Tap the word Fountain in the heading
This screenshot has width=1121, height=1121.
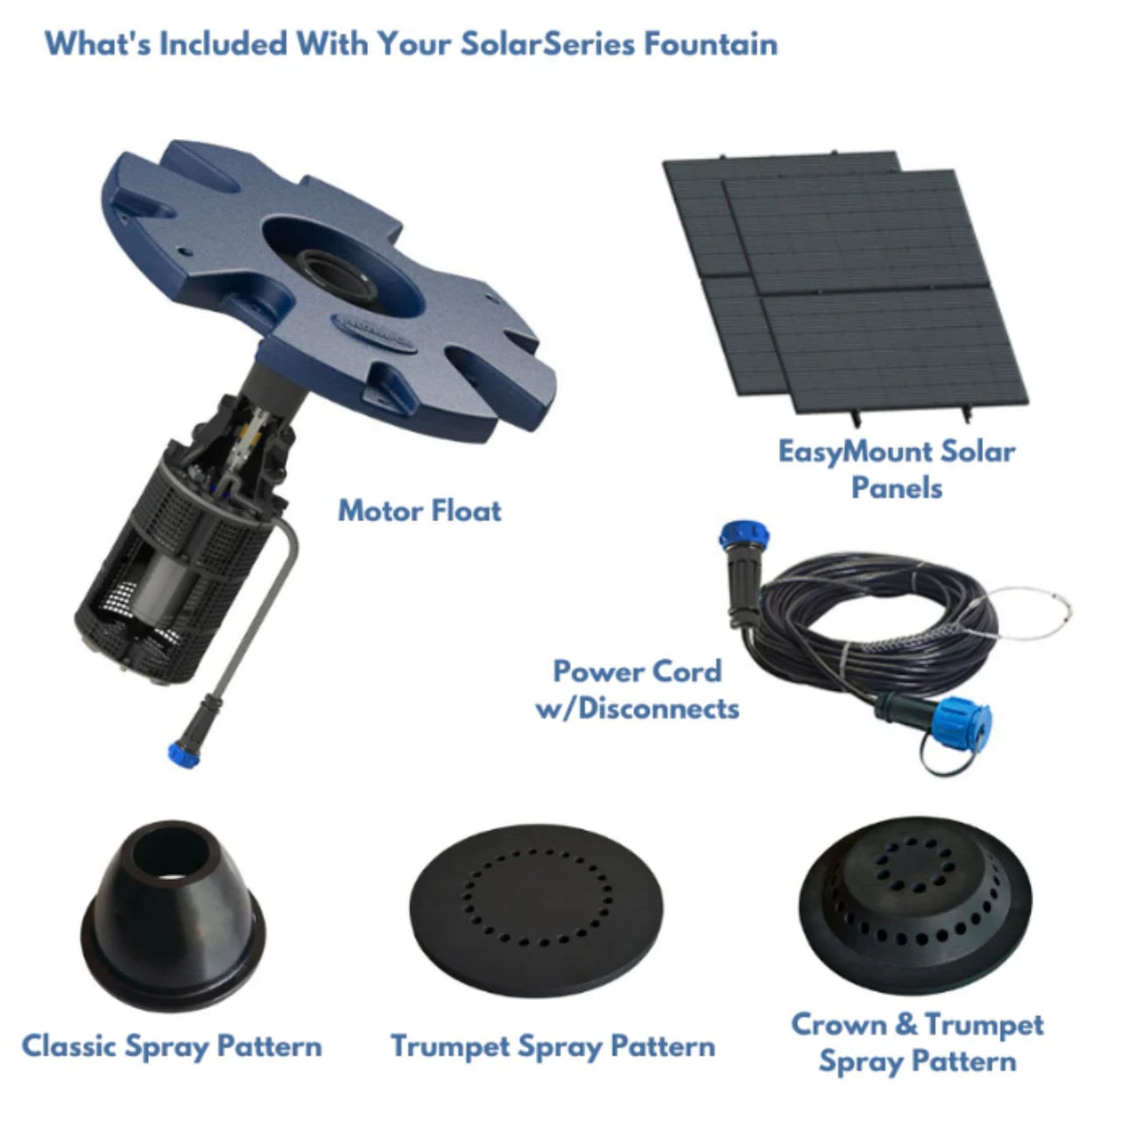(710, 44)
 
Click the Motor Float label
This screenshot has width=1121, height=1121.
(419, 511)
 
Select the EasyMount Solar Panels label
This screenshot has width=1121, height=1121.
(897, 469)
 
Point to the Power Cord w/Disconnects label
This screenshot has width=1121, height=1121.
(638, 689)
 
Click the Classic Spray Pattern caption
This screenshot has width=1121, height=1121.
(172, 1046)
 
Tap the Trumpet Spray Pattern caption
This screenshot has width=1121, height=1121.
(553, 1046)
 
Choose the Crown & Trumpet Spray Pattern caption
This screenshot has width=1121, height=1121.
(917, 1043)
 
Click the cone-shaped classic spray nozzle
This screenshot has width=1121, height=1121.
(171, 911)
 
